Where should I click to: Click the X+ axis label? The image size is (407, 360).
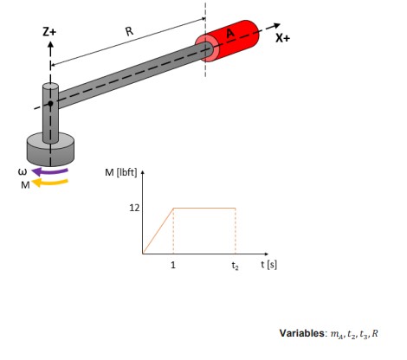[x=283, y=39]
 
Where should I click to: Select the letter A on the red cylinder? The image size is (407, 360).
[x=229, y=34]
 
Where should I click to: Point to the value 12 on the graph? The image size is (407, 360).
[x=134, y=208]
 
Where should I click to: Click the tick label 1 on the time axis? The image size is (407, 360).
[x=173, y=265]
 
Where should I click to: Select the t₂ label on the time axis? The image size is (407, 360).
[x=235, y=266]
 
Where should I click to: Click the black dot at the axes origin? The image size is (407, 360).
[x=50, y=104]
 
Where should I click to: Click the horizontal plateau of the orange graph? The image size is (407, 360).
[x=204, y=208]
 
